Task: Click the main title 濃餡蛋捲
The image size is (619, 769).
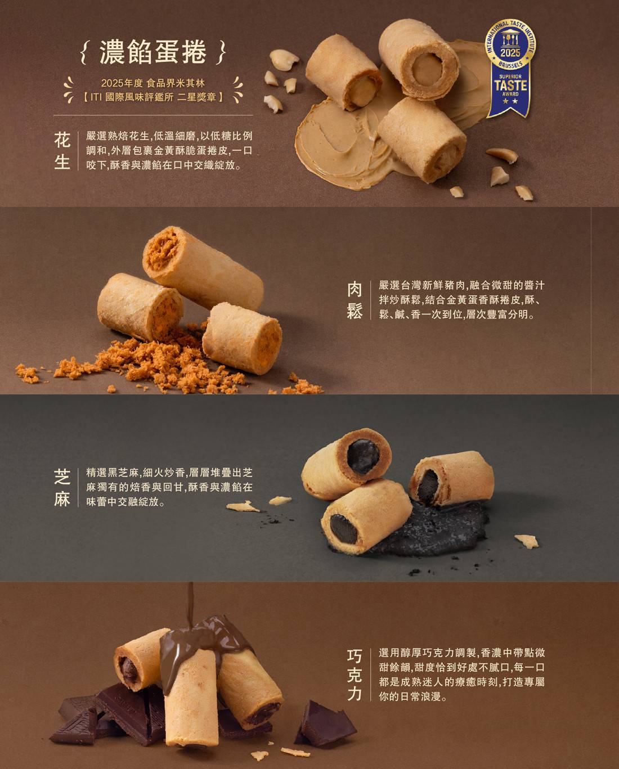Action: [x=152, y=52]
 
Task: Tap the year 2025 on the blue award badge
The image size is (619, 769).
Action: [x=510, y=53]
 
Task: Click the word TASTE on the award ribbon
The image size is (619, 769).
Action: [x=510, y=86]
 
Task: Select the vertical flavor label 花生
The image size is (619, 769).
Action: [x=62, y=150]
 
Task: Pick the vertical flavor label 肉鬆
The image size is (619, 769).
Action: [x=355, y=300]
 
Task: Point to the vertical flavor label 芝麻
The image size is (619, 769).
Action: [x=62, y=487]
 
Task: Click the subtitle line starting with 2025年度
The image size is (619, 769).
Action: [x=152, y=83]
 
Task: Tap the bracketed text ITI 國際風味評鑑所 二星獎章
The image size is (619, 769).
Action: [x=152, y=97]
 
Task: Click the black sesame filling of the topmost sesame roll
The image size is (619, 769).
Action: [x=364, y=456]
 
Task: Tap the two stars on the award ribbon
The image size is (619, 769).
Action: [x=510, y=101]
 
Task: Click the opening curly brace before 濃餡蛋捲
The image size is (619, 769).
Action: [x=83, y=53]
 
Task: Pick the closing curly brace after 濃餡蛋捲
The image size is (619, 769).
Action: [x=222, y=53]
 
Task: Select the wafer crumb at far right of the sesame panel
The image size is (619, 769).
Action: [x=526, y=541]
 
